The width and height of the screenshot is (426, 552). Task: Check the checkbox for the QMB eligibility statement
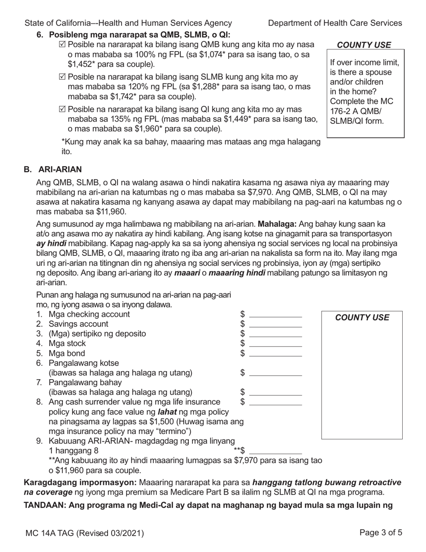62,44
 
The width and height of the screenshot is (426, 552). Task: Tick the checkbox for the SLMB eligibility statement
62,77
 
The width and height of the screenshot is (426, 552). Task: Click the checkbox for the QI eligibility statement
62,109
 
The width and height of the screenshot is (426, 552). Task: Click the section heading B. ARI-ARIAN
53,170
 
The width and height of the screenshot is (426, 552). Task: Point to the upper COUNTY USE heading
364,45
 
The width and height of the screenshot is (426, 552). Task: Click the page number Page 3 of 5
381,533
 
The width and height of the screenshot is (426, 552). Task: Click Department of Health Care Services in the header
335,23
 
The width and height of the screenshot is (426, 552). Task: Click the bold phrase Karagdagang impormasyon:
80,482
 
